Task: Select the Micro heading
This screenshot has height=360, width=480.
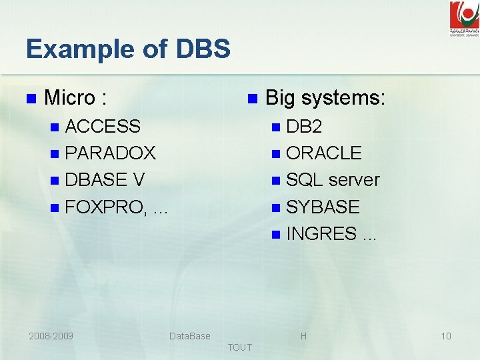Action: pos(75,99)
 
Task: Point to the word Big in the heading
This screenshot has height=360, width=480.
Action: pos(280,99)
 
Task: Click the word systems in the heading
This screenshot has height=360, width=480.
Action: pos(343,99)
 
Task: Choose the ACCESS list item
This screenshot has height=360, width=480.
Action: pos(103,126)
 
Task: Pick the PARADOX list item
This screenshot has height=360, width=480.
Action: pos(111,153)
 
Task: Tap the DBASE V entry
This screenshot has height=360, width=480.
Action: pos(105,180)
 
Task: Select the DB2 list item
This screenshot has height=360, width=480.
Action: pos(304,126)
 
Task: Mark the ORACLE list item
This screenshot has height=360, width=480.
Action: pos(324,153)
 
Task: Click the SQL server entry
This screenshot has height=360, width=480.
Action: pos(333,180)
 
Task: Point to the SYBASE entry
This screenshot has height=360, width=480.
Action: pos(323,207)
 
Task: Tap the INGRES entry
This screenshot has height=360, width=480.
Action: pos(321,234)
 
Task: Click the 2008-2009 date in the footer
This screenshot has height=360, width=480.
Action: pos(51,336)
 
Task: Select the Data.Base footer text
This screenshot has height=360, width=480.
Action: pos(190,336)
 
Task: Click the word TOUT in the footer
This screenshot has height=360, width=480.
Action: pos(240,347)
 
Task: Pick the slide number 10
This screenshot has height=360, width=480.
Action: pos(446,336)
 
